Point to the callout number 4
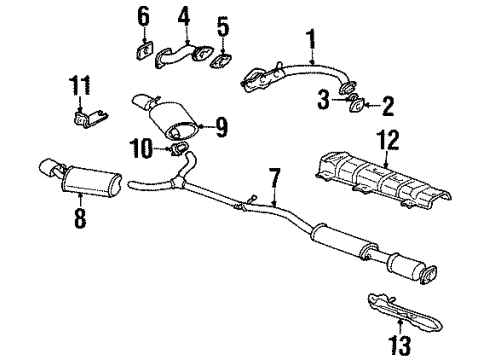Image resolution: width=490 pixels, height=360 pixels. pyautogui.click(x=183, y=16)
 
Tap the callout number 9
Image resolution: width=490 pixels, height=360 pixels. pyautogui.click(x=222, y=127)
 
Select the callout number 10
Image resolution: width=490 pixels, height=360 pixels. pyautogui.click(x=145, y=150)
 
